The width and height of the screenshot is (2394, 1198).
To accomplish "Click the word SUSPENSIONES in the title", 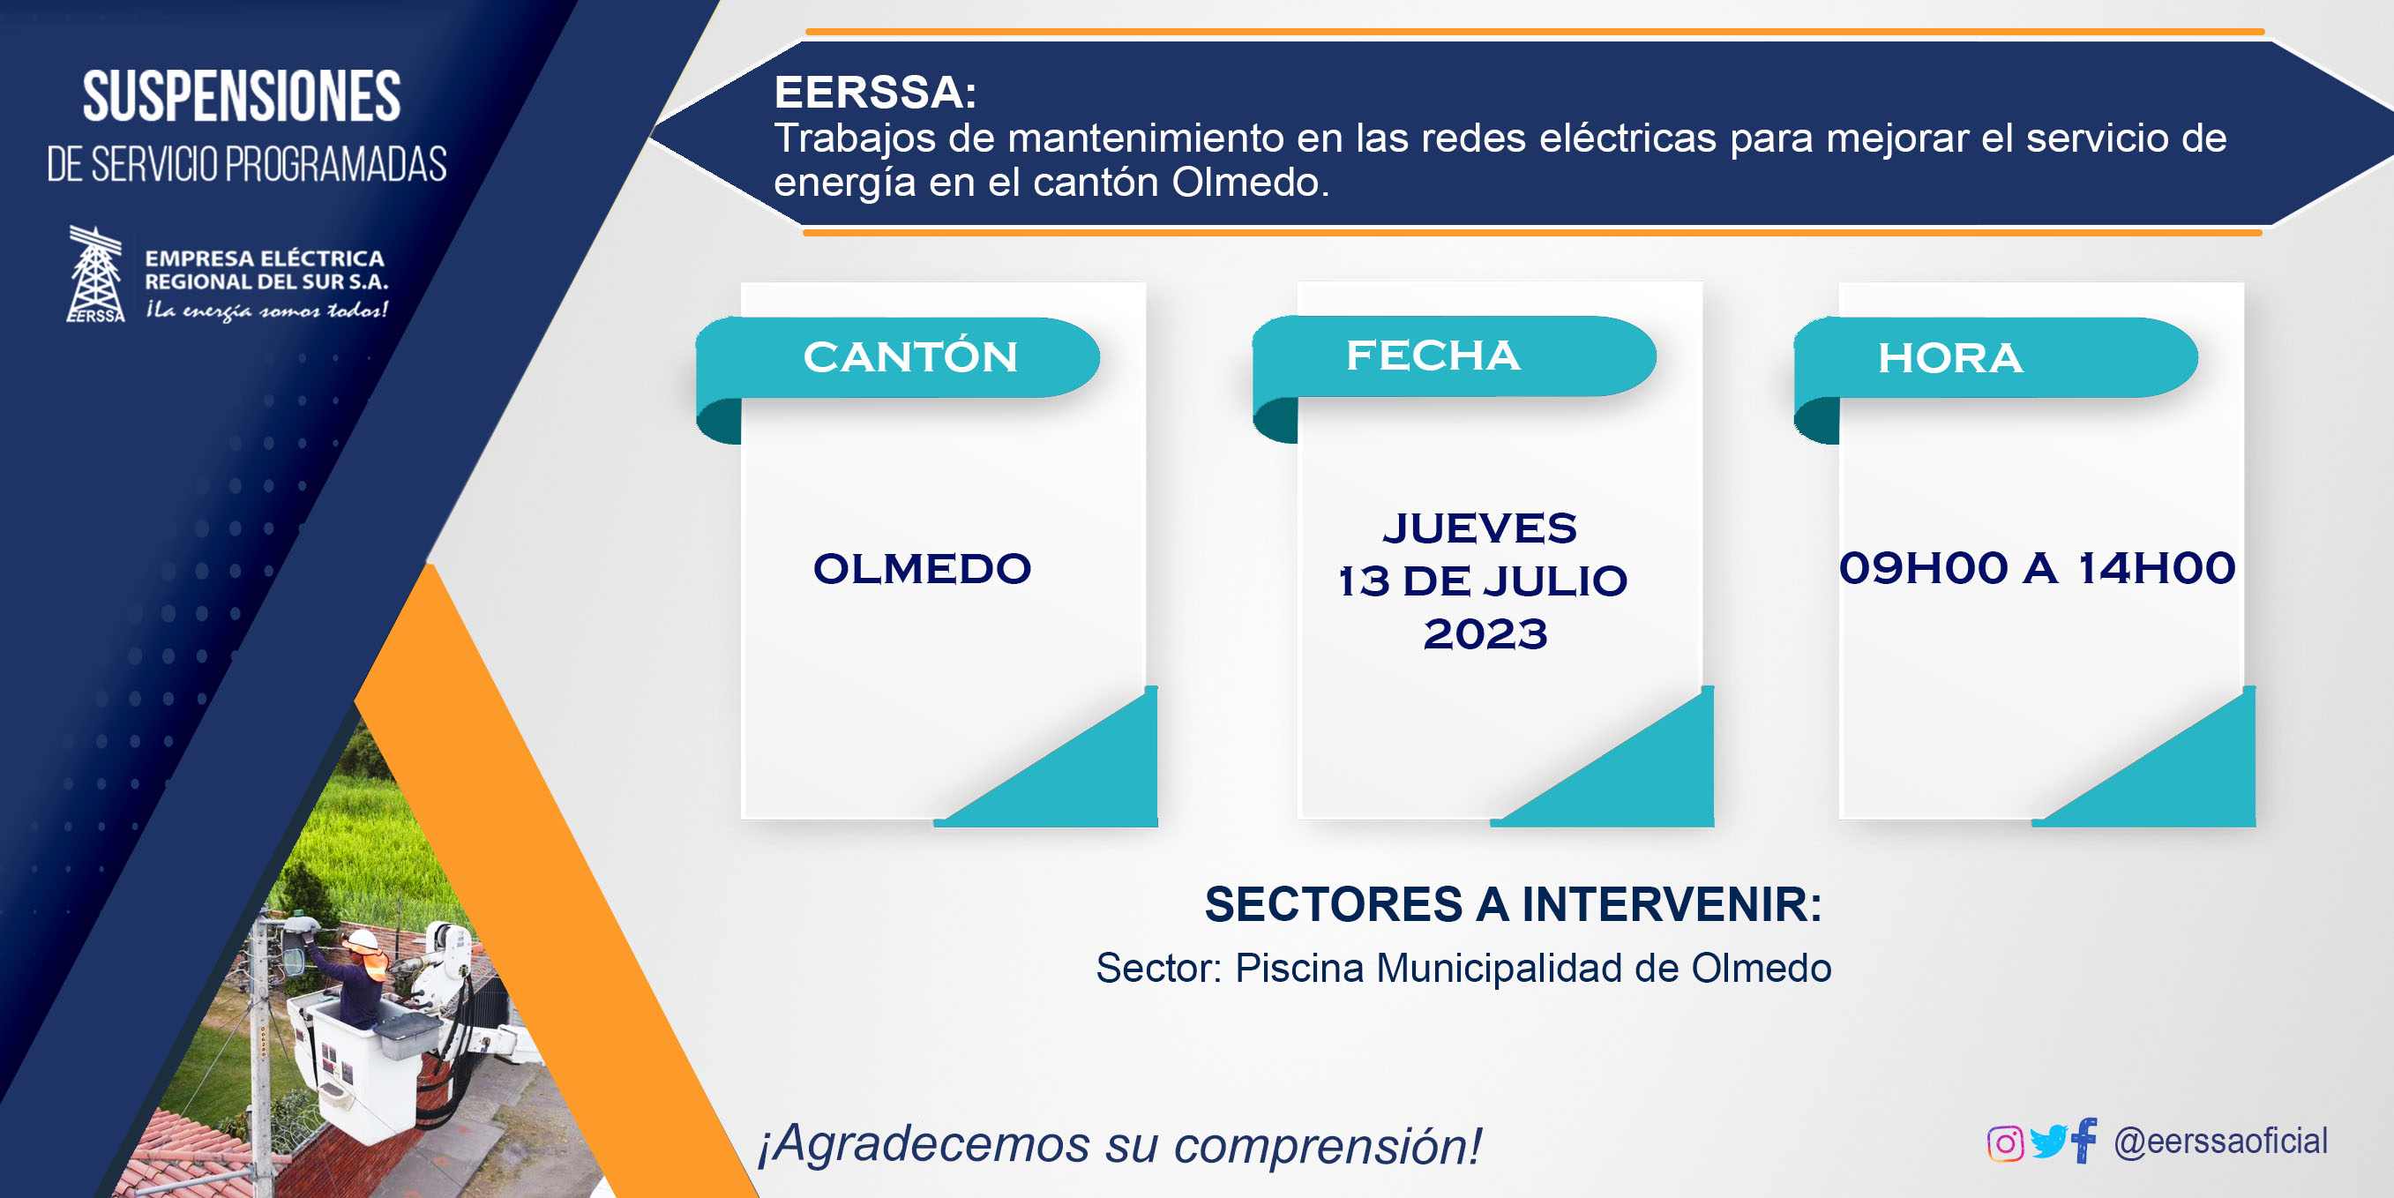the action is (242, 97).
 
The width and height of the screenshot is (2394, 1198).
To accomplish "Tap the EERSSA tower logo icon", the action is (96, 274).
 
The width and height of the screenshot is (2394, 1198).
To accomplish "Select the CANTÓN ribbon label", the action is (910, 357).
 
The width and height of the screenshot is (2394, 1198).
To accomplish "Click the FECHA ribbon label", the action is (1433, 355).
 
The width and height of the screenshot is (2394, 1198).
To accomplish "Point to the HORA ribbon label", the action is (1949, 358).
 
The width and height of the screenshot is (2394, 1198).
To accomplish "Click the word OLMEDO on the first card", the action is (922, 569).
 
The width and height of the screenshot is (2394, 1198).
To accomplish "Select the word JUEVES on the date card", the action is (1479, 528).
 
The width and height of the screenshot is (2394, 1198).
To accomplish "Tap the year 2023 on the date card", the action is (1485, 634).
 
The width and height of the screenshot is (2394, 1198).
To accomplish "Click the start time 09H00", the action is (1924, 568).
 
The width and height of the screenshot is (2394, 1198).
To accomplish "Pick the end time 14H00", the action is (2157, 568).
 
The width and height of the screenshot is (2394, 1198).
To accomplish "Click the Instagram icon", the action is (2005, 1143).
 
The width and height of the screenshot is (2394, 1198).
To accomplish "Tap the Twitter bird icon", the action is (2048, 1142).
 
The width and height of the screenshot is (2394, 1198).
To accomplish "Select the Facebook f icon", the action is (2084, 1140).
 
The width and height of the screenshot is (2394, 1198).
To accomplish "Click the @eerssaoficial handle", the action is (2220, 1142).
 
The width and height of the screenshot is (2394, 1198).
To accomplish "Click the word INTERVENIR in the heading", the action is (1671, 904).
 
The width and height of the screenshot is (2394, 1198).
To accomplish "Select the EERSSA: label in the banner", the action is (875, 92).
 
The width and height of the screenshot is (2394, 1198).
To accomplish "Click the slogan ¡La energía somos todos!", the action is (266, 311).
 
